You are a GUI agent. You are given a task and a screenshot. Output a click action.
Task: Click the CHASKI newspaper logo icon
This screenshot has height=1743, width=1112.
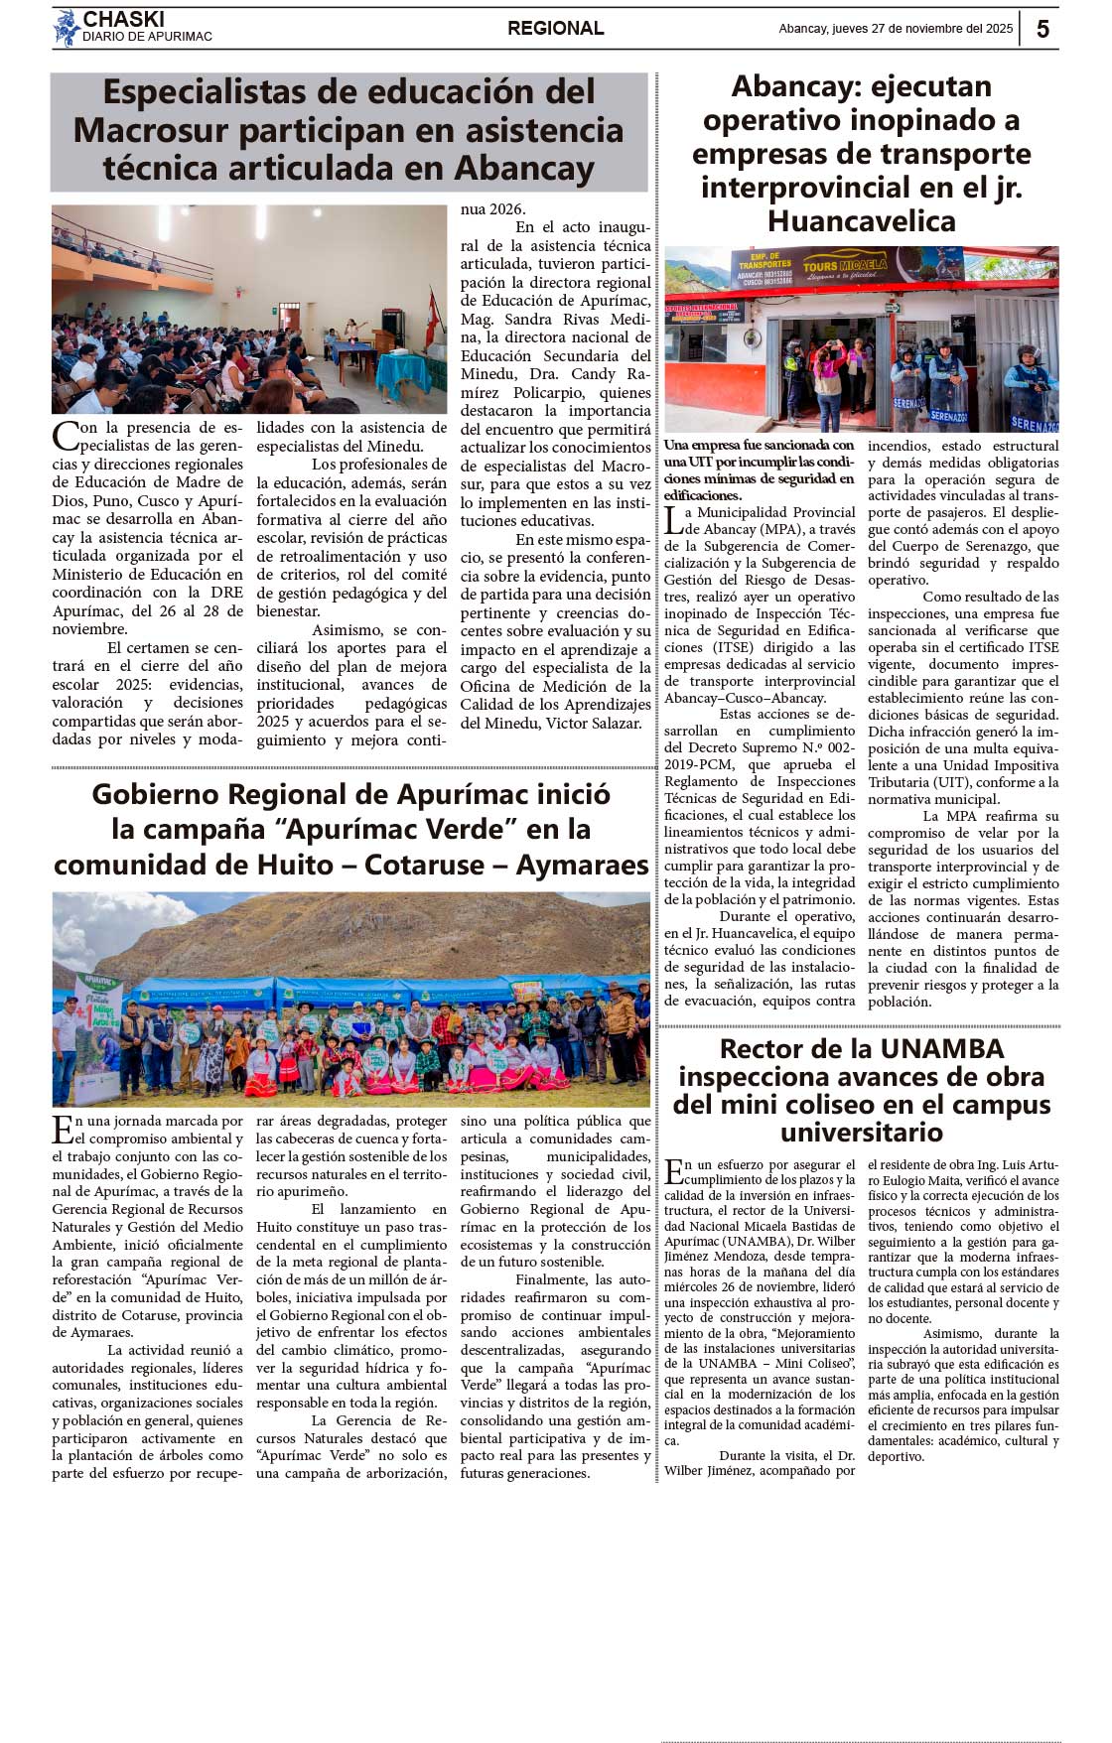coord(67,28)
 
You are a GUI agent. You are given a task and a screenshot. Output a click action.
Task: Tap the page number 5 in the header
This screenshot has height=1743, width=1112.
coord(1042,29)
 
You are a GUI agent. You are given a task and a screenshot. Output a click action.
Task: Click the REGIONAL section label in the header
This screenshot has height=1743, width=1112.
coord(555,29)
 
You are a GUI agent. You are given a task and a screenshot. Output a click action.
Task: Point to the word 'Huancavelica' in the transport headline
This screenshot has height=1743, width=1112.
coord(861,221)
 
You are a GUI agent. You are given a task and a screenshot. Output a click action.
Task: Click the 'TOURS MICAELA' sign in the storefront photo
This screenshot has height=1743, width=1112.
coord(844,266)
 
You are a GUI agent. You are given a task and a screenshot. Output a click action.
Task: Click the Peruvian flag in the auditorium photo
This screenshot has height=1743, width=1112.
coord(432,321)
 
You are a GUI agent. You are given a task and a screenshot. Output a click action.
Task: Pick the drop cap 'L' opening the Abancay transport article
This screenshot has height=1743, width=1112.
coord(673,519)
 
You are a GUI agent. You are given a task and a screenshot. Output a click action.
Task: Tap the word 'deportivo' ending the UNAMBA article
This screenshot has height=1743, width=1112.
coord(896,1457)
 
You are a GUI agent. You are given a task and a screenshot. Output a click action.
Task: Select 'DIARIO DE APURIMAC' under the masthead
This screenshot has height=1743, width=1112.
coord(147,38)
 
